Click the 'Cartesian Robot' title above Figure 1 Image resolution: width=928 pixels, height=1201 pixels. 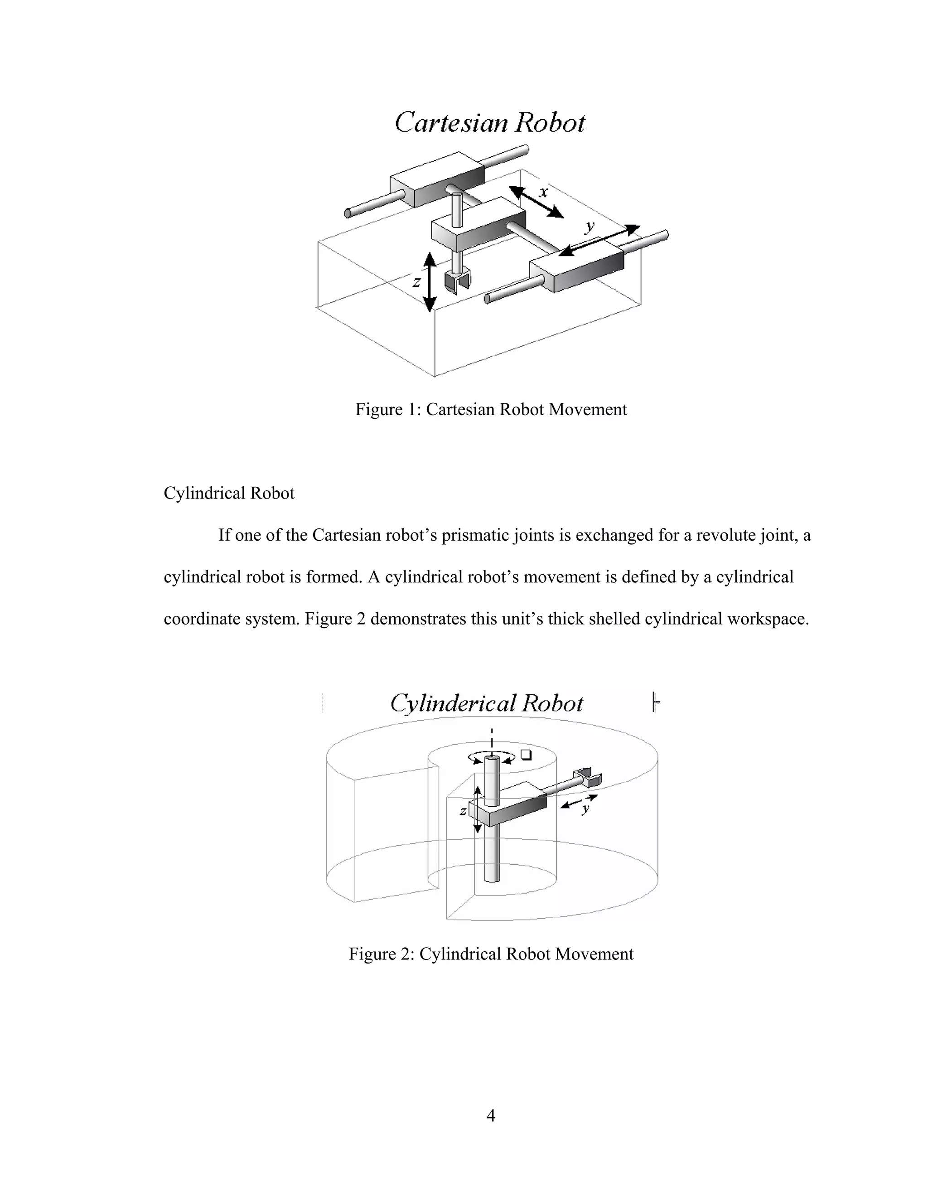coord(490,122)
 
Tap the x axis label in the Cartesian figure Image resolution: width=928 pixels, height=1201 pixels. coord(543,192)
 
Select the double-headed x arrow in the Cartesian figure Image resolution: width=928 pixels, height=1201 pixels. coord(536,202)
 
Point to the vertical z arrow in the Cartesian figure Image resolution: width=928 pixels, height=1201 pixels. coord(430,282)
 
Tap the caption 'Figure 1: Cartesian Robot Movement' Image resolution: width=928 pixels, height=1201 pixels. coord(490,409)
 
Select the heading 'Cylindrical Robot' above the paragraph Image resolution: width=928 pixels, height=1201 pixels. coord(229,493)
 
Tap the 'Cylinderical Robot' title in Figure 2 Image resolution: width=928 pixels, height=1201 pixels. coord(487,703)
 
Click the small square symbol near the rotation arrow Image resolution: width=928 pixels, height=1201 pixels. coord(526,755)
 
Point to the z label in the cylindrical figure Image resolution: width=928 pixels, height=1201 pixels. coord(464,811)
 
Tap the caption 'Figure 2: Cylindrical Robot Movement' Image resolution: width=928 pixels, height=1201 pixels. coord(490,954)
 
